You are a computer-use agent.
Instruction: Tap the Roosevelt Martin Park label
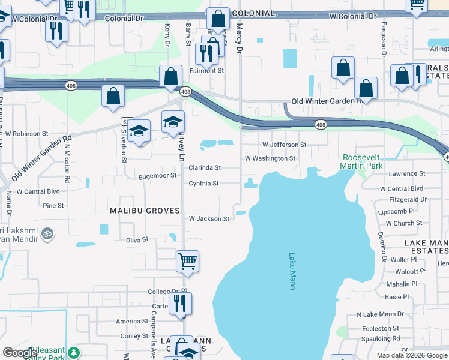[x=361, y=161]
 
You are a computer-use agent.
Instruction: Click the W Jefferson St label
[x=284, y=145]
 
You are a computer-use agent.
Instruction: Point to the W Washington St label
[x=270, y=158]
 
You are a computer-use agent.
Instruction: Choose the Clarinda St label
[x=205, y=168]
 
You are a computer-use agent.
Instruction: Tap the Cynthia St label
[x=203, y=183]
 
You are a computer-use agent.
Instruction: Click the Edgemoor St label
[x=157, y=176]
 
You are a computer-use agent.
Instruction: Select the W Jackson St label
[x=209, y=219]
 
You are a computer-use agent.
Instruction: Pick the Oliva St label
[x=137, y=239]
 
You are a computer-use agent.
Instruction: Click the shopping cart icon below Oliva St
[x=187, y=261]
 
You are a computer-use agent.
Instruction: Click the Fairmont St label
[x=208, y=70]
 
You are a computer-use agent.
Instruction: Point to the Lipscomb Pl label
[x=396, y=211]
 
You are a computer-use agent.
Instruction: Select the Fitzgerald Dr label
[x=408, y=199]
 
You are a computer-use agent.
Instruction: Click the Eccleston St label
[x=381, y=328]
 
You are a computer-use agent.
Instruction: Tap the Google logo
[x=20, y=353]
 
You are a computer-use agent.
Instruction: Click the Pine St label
[x=53, y=206]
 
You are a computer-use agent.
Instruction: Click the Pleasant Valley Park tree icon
[x=74, y=352]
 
